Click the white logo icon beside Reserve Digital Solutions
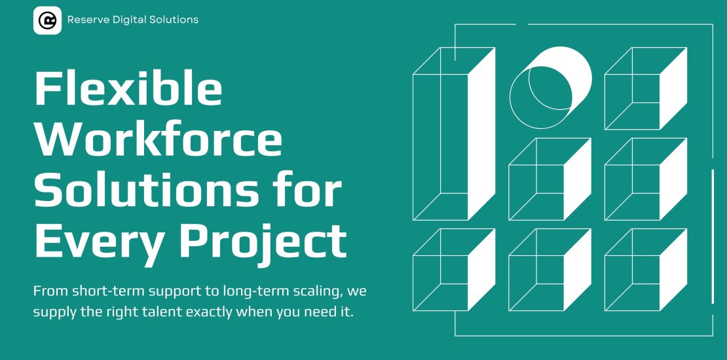coord(47,20)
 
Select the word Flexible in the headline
coord(128,89)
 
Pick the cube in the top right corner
coord(646,88)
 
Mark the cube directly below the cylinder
coord(550,179)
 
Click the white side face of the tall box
coord(482,134)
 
